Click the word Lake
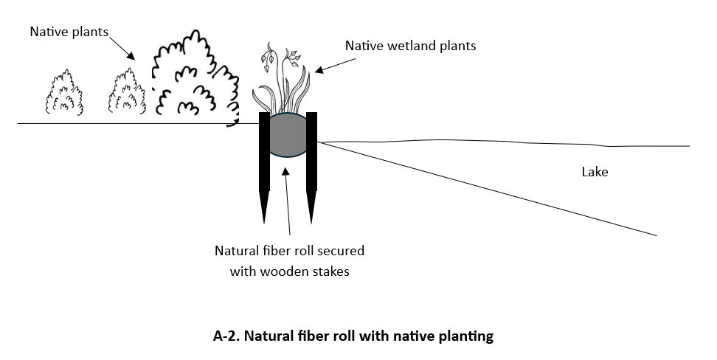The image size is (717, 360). pos(595,173)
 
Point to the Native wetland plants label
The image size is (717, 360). pos(411,46)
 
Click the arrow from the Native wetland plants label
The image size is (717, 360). pos(330,65)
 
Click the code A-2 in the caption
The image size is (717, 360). pos(226,336)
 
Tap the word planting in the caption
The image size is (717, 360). pos(464,336)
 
